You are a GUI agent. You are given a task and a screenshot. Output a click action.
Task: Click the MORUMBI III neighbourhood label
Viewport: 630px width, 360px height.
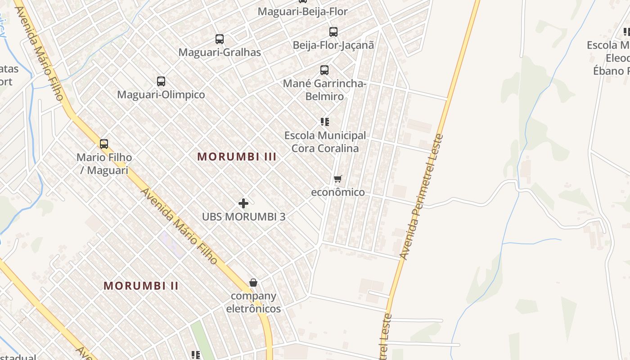click(x=237, y=157)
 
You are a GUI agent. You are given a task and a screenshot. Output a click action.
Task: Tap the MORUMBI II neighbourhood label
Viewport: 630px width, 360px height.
click(x=141, y=286)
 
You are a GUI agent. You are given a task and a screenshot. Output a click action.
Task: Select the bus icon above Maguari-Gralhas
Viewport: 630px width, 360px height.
click(x=220, y=39)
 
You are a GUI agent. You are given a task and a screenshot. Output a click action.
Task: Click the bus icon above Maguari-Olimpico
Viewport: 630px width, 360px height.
click(x=161, y=81)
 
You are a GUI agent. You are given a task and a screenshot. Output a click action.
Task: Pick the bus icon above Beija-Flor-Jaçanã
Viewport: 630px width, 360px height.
click(x=333, y=32)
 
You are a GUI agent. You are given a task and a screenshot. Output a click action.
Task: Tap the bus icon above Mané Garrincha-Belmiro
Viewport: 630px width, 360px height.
click(x=324, y=70)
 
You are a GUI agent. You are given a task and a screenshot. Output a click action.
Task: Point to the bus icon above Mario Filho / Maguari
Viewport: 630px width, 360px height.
click(x=104, y=144)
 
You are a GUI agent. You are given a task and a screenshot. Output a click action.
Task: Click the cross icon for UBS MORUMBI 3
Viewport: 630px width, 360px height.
click(x=243, y=203)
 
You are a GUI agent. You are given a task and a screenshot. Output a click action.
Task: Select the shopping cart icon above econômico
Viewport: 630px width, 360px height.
click(x=338, y=179)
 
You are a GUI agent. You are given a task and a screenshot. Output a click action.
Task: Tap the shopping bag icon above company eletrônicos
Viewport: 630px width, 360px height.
click(x=253, y=283)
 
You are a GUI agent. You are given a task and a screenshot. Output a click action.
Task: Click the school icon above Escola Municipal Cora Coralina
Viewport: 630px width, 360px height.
click(x=325, y=121)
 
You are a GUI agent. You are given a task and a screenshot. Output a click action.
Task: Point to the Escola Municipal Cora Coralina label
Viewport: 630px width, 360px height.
click(x=325, y=142)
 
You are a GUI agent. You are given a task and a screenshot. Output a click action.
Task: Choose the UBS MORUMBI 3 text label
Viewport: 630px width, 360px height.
click(x=243, y=216)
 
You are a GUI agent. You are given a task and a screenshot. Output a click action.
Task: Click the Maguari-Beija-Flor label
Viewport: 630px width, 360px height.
click(x=302, y=12)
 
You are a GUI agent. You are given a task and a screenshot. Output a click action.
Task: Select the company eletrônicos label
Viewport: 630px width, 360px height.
click(x=253, y=302)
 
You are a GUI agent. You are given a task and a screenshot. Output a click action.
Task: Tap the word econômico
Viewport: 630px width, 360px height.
click(x=338, y=192)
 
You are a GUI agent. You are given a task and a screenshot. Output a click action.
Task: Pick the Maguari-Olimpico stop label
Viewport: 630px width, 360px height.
click(x=161, y=94)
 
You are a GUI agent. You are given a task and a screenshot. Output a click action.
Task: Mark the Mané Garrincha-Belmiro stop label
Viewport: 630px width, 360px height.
click(x=324, y=90)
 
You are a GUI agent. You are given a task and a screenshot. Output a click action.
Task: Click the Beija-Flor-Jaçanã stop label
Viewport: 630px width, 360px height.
click(x=333, y=45)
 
